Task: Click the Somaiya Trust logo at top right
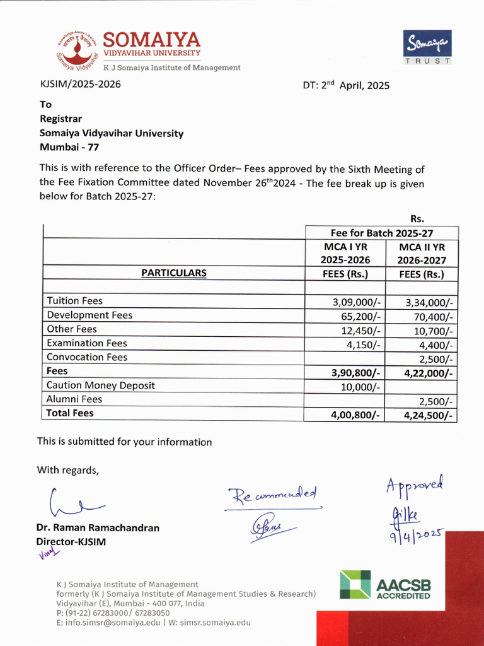click(x=427, y=47)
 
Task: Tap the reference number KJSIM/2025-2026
click(x=80, y=84)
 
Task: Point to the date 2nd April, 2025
click(x=346, y=85)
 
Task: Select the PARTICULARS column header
click(x=173, y=273)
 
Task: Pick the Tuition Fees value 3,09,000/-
click(x=357, y=302)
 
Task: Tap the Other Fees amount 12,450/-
click(x=359, y=329)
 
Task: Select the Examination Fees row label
click(x=87, y=343)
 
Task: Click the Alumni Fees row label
click(x=74, y=399)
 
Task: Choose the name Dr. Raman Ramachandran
click(x=98, y=528)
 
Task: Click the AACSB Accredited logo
click(x=386, y=585)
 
